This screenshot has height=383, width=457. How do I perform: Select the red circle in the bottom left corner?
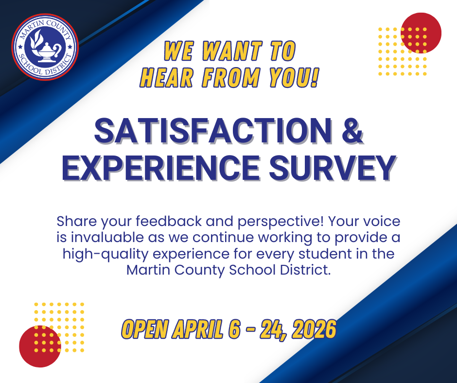point(39,346)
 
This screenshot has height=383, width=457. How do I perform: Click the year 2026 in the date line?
point(311,330)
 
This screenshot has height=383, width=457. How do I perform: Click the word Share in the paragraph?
point(76,222)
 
